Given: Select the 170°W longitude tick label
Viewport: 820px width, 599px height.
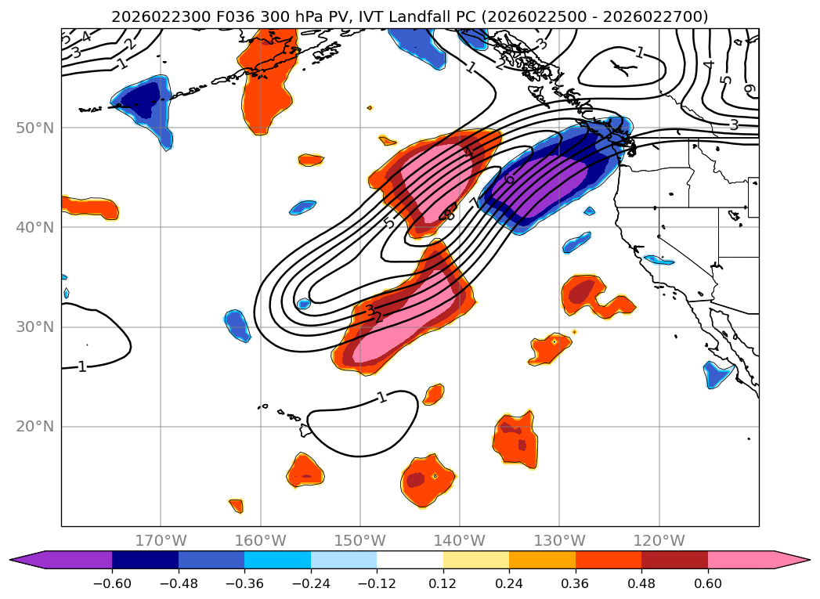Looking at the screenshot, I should [x=161, y=540].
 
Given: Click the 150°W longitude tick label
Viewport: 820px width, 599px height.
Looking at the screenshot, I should [x=360, y=540].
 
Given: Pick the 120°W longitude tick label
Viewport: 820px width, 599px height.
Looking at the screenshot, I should [x=659, y=540].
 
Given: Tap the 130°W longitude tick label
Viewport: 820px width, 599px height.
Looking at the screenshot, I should [x=559, y=540].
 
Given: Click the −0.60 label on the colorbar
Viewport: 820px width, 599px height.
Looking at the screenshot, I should [x=112, y=585].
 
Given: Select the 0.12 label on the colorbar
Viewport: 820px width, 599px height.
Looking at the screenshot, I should [x=443, y=585].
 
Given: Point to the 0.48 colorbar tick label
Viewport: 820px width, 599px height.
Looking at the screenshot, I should [x=641, y=585].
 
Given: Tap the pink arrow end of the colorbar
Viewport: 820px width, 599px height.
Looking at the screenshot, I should [x=791, y=560].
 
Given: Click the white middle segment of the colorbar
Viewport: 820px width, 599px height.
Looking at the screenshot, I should [x=410, y=560].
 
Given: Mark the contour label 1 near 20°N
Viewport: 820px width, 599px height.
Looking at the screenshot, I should [x=381, y=398].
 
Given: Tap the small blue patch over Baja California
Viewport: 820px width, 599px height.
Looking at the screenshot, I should [x=717, y=374].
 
